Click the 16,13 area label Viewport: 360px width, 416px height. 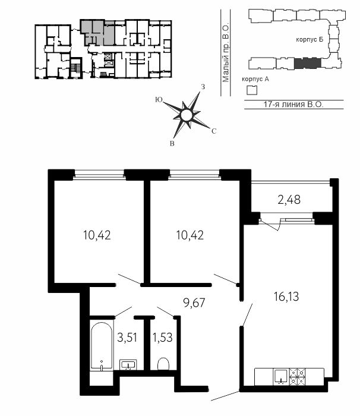[286, 297]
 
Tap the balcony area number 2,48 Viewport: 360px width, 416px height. [289, 200]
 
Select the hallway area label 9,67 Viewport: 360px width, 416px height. [194, 302]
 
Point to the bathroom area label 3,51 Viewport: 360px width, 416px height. [127, 338]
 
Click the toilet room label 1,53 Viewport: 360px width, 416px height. [162, 338]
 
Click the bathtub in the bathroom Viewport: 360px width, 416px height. [101, 345]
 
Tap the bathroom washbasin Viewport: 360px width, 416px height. [128, 364]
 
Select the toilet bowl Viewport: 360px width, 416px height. [163, 364]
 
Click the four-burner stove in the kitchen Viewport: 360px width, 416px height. [298, 376]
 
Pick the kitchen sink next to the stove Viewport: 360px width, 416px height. [281, 376]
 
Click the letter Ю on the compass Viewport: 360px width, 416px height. [159, 99]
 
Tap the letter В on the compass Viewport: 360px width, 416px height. [172, 144]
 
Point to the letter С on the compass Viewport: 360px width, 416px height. [214, 131]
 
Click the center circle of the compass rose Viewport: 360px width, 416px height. [186, 115]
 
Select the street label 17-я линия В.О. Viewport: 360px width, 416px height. [293, 104]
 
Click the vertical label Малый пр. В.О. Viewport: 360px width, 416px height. [226, 53]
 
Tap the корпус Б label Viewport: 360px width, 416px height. [310, 40]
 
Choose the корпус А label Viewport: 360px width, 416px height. [255, 79]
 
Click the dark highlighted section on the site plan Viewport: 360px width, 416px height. [308, 63]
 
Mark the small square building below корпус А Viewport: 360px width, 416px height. [252, 90]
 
